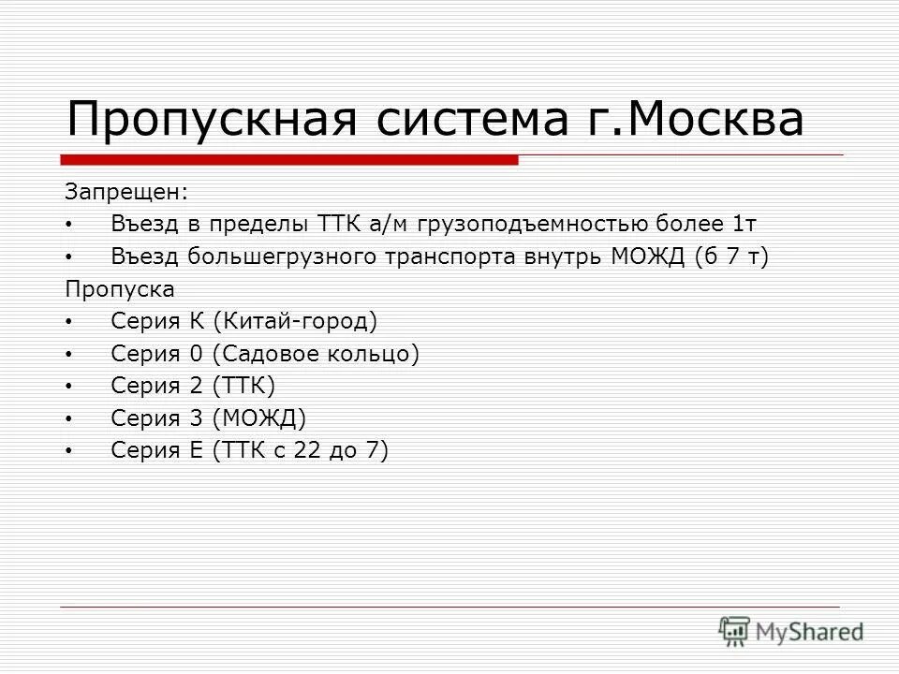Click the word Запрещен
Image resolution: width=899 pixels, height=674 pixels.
125,192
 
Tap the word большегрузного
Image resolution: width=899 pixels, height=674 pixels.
279,256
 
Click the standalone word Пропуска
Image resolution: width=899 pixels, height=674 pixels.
120,288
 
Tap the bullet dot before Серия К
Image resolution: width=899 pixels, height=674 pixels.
69,322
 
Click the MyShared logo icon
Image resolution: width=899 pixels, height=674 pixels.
734,630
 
